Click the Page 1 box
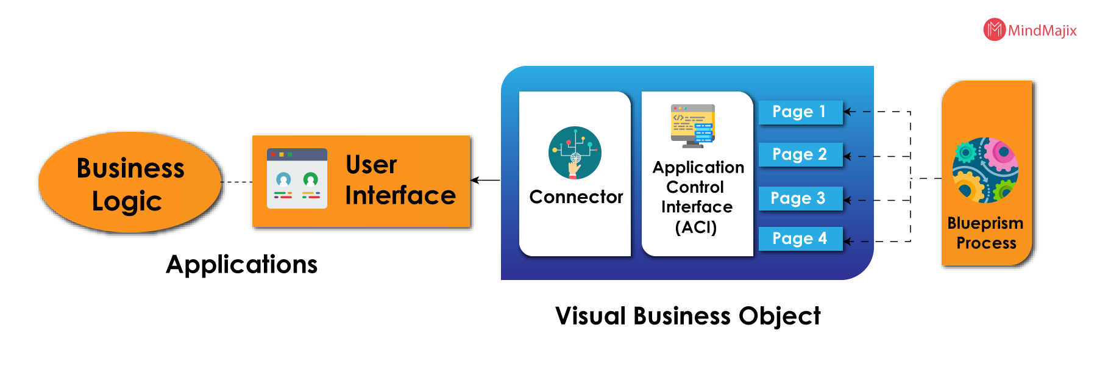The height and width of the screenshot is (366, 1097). pyautogui.click(x=801, y=112)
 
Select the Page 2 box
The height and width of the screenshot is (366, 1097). pyautogui.click(x=801, y=155)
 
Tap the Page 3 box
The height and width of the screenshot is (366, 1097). pyautogui.click(x=801, y=198)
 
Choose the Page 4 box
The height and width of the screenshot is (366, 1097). pyautogui.click(x=801, y=239)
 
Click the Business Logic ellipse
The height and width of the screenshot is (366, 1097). pyautogui.click(x=129, y=182)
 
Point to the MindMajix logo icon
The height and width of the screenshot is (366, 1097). pyautogui.click(x=994, y=29)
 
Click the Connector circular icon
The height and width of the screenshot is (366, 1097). pyautogui.click(x=575, y=152)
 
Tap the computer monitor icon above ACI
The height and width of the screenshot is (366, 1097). pyautogui.click(x=693, y=126)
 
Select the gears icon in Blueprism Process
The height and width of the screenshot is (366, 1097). pyautogui.click(x=985, y=170)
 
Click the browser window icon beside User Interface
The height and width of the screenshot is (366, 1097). pyautogui.click(x=297, y=178)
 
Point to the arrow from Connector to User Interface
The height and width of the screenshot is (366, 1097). pyautogui.click(x=485, y=180)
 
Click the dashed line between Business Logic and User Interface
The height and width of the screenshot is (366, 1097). pyautogui.click(x=236, y=182)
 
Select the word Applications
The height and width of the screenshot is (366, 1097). pyautogui.click(x=242, y=265)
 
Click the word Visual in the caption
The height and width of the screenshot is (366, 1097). pyautogui.click(x=591, y=316)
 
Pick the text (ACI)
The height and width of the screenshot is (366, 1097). pyautogui.click(x=696, y=228)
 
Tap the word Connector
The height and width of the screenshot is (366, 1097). pyautogui.click(x=576, y=197)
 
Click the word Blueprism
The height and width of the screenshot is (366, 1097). pyautogui.click(x=985, y=224)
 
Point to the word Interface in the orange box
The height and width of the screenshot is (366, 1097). pyautogui.click(x=400, y=195)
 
